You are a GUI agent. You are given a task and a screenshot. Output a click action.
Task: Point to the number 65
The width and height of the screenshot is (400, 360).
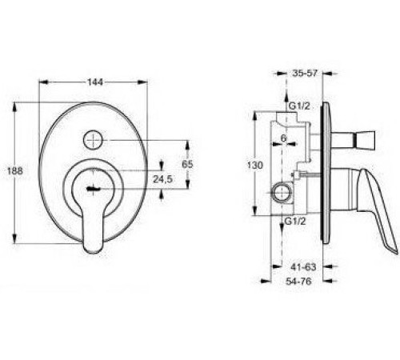coord(188,163)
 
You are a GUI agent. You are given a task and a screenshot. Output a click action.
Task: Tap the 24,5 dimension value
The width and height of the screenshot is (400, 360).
coord(163,180)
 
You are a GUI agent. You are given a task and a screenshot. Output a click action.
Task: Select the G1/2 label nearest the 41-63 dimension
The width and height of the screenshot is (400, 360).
coord(294,221)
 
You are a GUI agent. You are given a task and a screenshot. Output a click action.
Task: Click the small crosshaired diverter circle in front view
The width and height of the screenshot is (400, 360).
coord(95,139)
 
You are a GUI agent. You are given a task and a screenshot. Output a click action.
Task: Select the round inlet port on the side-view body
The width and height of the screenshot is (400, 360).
coord(280,193)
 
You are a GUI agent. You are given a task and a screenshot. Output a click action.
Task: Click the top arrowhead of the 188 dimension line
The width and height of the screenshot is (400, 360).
coord(16,103)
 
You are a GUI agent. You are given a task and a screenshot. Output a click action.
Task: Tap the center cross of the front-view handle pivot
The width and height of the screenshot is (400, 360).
coord(94,190)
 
